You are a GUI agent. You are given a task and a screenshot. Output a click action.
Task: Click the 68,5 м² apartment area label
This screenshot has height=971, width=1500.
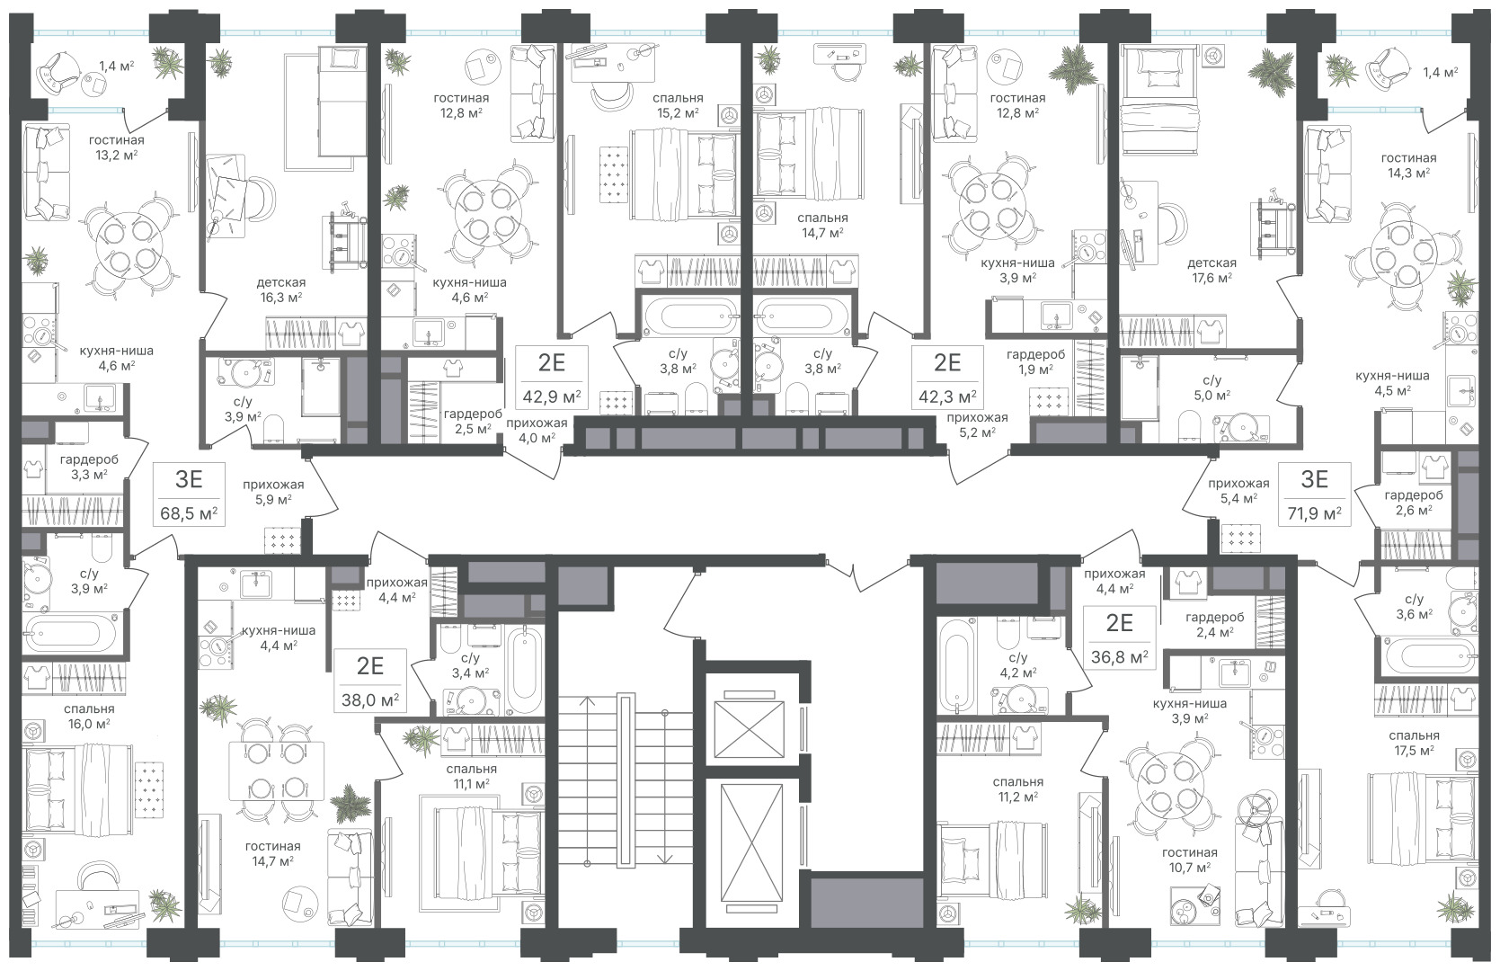tap(190, 514)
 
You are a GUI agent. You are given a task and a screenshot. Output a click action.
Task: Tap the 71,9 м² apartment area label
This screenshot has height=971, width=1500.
tap(1315, 514)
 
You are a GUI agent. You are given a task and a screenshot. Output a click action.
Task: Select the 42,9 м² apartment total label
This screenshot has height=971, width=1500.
tap(552, 396)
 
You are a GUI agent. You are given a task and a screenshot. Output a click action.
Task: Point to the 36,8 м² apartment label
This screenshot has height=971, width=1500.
tap(1119, 656)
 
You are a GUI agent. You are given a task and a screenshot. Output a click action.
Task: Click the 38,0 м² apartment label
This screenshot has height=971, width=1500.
tap(369, 700)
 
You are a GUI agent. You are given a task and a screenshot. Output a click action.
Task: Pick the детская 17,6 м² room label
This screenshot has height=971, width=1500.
tap(1212, 270)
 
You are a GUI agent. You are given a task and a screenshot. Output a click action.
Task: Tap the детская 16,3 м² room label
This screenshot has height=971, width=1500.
tap(280, 290)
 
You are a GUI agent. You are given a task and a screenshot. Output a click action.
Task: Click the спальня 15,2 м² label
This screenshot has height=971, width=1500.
tap(678, 106)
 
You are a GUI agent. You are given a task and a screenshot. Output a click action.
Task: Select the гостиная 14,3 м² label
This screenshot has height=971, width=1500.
tap(1408, 165)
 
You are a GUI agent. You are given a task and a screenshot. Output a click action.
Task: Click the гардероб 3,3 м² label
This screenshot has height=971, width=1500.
tap(89, 468)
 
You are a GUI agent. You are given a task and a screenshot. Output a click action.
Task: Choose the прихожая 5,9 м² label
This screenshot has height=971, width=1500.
tap(273, 492)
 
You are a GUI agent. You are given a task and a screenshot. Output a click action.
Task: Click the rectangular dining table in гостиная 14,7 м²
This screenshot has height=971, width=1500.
tap(276, 771)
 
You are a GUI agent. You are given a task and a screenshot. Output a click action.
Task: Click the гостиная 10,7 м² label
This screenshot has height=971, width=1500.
tap(1189, 860)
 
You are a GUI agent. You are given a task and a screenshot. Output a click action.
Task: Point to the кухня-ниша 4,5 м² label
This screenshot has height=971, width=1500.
tap(1392, 383)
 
